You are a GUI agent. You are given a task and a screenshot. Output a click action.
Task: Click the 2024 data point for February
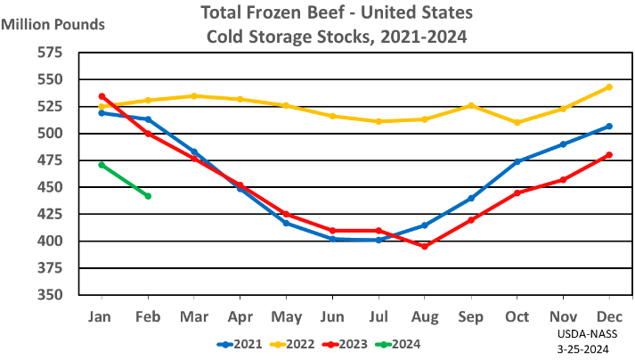tap(148, 196)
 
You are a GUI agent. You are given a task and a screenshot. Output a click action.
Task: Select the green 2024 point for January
tap(102, 165)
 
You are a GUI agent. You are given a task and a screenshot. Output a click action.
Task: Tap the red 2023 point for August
tap(425, 246)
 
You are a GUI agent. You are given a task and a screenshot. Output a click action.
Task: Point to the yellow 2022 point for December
tap(609, 86)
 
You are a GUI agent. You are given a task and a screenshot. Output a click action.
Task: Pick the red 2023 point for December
tap(609, 155)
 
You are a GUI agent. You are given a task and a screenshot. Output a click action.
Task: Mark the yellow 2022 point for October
tap(517, 122)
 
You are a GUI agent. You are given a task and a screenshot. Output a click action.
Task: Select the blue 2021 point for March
tap(194, 152)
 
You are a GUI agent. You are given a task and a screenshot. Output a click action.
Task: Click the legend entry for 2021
tap(241, 343)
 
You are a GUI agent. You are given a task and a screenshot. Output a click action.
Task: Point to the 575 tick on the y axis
tap(50, 53)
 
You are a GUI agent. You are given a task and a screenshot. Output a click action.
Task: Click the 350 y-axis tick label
tap(50, 295)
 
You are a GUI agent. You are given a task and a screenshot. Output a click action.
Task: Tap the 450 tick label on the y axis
tap(50, 187)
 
